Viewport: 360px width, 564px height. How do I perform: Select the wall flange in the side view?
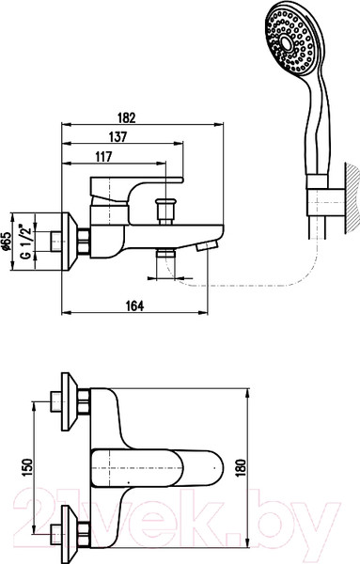coord(72,242)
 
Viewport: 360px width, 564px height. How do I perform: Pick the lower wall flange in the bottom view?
coord(67,536)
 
